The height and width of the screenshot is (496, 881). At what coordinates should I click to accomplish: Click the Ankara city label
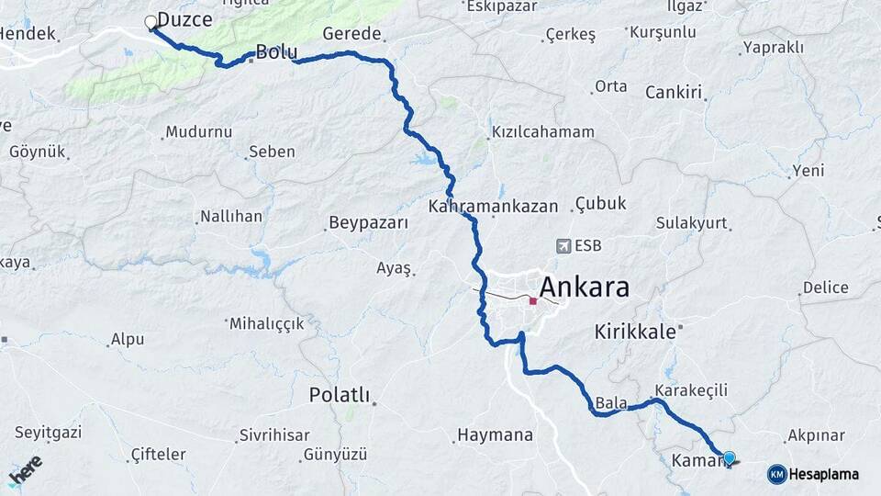coord(585,287)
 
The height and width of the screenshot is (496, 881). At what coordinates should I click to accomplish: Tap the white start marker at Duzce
coord(151,22)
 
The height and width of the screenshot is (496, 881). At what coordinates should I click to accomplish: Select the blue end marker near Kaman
coord(730,457)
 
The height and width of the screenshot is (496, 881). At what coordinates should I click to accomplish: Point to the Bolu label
coord(276,52)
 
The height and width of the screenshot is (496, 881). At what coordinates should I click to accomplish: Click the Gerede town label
coord(351,34)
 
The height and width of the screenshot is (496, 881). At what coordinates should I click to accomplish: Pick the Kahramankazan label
coord(493,207)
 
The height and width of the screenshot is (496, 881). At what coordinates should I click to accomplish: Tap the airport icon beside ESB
coord(563,246)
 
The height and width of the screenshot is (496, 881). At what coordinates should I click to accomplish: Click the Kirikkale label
coord(634,331)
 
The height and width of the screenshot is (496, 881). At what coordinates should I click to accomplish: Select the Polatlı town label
coord(339,396)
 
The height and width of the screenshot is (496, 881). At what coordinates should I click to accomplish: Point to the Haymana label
coord(495,434)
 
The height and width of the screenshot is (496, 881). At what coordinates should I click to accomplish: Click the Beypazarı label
coord(366,223)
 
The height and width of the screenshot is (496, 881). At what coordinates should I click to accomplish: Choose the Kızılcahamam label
coord(543,132)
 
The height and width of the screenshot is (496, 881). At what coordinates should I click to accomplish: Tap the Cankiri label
coord(674,92)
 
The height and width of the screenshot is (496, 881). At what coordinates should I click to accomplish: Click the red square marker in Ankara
coord(533,300)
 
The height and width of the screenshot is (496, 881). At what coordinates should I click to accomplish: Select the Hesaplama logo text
coord(823,474)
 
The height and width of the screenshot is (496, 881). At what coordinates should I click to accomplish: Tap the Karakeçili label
coord(692,390)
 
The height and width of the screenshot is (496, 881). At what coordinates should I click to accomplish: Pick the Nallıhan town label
coord(230,218)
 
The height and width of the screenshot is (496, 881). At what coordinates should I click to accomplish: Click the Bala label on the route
coord(610,402)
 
